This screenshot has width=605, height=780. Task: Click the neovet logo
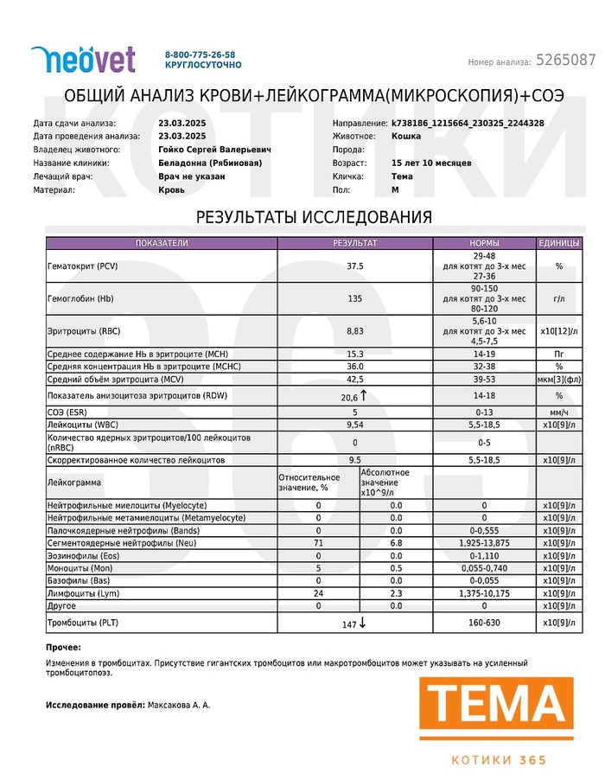(x=83, y=59)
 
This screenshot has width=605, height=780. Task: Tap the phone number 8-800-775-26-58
(x=200, y=54)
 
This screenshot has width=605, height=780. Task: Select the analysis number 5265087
(x=565, y=61)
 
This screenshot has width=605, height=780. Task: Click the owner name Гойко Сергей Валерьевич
(x=214, y=150)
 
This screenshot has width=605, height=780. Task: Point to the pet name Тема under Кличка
(x=402, y=176)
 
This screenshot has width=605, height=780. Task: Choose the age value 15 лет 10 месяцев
(x=431, y=163)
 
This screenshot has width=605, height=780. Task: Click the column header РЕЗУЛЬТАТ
(x=354, y=243)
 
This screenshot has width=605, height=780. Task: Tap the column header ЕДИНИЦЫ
(x=559, y=243)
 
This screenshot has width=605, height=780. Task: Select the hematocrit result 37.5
(x=354, y=266)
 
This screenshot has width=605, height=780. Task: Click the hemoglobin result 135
(x=354, y=298)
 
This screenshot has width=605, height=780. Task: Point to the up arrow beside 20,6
(x=364, y=395)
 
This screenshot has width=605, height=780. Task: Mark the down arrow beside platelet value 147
(x=362, y=623)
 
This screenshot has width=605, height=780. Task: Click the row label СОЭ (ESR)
(x=70, y=412)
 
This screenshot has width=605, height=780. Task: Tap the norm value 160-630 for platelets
(x=484, y=623)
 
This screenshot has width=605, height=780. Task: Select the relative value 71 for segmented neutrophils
(x=318, y=543)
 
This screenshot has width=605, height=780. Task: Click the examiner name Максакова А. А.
(x=179, y=706)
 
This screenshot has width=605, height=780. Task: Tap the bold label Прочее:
(x=64, y=647)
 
